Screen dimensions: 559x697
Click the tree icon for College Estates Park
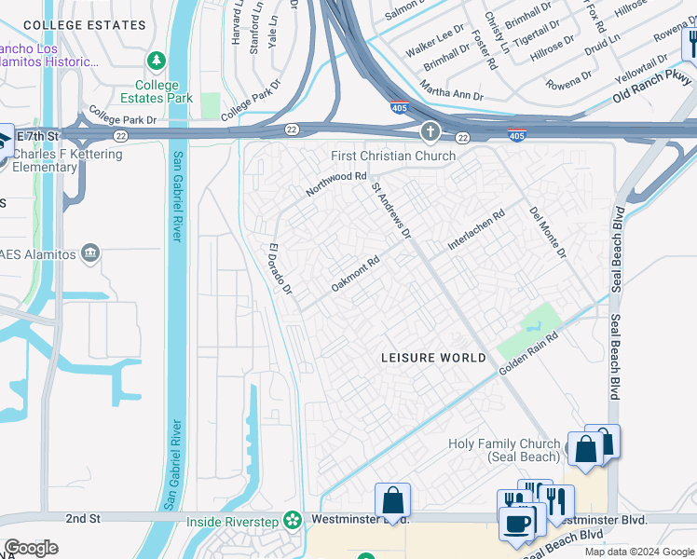(157, 61)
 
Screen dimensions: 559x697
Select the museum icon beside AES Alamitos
(90, 252)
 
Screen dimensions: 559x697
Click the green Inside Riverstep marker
(294, 520)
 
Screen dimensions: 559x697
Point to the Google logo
(31, 548)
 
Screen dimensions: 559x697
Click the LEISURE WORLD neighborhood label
(433, 358)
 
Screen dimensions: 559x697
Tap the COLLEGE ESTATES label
(64, 26)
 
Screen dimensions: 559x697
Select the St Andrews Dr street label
(391, 210)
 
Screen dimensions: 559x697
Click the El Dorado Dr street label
(280, 270)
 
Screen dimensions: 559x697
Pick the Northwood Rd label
(337, 183)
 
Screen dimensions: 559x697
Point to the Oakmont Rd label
(356, 274)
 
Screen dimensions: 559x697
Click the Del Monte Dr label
(548, 233)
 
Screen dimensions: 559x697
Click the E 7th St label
(38, 137)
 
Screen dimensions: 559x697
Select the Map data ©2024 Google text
(639, 552)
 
